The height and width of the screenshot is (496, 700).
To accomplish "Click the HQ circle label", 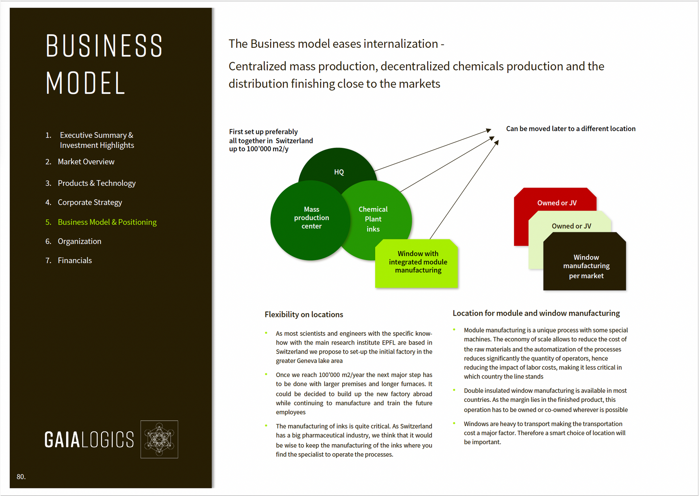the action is (339, 172).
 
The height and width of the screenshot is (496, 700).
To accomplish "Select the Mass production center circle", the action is (311, 220).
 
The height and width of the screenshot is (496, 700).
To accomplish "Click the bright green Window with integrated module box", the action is (417, 264).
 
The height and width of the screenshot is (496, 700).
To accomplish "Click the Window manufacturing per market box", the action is (585, 261).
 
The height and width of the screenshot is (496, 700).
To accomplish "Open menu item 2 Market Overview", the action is (80, 162).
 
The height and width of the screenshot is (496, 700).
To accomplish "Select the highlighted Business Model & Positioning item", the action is (101, 222).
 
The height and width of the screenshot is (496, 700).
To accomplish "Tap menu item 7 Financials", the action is (69, 261).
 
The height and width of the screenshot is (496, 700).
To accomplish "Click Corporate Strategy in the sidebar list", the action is (84, 203).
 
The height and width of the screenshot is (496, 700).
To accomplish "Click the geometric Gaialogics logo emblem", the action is (159, 439).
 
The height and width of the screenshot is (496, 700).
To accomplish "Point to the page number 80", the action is (21, 477).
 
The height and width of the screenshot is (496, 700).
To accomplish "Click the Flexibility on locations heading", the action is (304, 315).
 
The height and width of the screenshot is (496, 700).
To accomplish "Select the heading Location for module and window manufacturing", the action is (536, 313).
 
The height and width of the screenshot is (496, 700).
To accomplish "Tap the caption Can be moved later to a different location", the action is (571, 129).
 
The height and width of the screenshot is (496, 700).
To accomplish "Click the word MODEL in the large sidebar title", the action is (86, 83).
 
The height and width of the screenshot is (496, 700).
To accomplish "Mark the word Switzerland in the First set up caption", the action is (294, 141).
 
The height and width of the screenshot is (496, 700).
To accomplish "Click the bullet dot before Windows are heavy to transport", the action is (454, 423).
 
